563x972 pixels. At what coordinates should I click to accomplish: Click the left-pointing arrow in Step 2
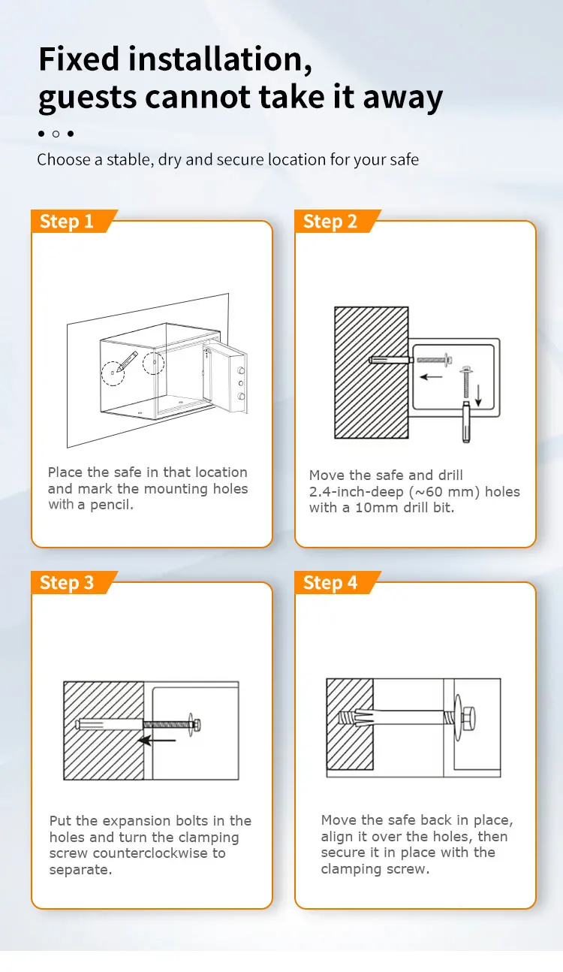[x=430, y=377]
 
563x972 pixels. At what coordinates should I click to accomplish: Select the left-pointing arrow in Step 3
[x=158, y=741]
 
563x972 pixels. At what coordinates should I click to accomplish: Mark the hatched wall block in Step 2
[x=371, y=372]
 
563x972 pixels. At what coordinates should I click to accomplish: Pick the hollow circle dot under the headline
[x=56, y=134]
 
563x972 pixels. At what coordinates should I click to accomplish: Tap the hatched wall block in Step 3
[x=103, y=730]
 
